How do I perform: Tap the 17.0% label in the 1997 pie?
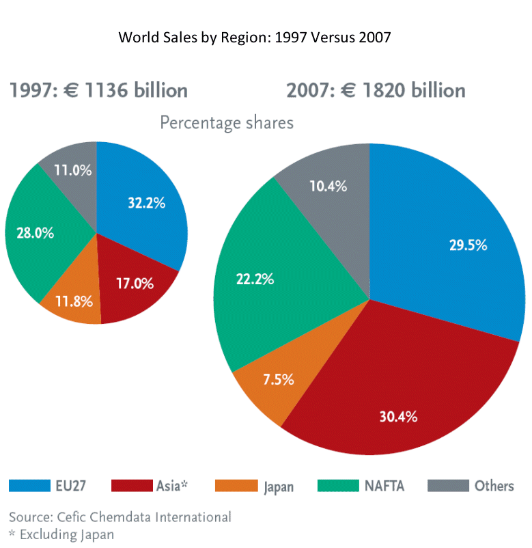click(134, 283)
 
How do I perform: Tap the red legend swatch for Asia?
click(132, 486)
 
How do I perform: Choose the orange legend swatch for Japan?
click(234, 486)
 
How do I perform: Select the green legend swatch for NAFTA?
click(338, 486)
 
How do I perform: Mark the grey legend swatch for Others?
click(447, 486)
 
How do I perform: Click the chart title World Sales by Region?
click(255, 37)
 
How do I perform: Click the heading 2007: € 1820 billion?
click(376, 90)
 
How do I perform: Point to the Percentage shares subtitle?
click(226, 123)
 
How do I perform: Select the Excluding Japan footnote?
click(61, 534)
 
